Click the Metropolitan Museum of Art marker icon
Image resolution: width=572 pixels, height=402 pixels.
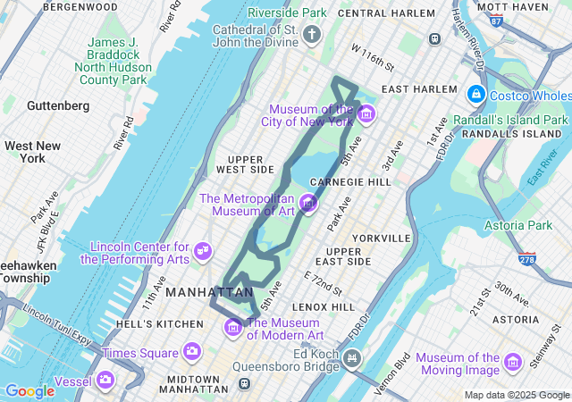pos(309,204)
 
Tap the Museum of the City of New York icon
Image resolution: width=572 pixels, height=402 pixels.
pos(365,114)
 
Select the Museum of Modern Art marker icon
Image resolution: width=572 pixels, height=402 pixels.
pos(233,327)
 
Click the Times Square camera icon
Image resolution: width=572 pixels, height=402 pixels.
pos(191,352)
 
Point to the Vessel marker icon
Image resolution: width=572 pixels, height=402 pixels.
pos(105,381)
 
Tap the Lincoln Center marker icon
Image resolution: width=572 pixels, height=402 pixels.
pos(203,251)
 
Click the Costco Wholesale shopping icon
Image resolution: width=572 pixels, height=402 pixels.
pos(475,95)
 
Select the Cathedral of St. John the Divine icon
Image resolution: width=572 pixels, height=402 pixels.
pos(311,35)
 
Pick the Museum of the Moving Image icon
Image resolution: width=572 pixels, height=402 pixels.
pos(512,362)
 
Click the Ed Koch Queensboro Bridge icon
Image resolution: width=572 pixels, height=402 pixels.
pos(353,360)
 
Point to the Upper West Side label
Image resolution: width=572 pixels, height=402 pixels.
pos(245,164)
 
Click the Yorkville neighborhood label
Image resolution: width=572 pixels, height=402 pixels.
pos(381,239)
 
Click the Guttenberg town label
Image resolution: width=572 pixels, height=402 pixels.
pos(58,105)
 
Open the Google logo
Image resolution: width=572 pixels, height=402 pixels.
pos(29,390)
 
